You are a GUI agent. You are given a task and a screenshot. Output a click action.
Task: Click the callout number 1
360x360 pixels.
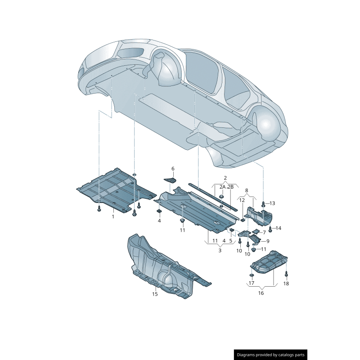113,216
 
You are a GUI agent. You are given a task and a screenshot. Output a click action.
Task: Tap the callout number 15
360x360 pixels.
154,294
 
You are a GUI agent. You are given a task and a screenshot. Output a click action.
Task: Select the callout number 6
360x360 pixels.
172,169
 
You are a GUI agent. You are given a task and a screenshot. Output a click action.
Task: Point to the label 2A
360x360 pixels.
222,187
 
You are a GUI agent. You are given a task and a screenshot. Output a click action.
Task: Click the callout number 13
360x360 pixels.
272,203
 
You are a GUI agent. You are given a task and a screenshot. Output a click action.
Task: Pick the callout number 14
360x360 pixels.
278,229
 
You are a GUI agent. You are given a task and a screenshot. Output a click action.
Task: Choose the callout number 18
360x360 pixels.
286,283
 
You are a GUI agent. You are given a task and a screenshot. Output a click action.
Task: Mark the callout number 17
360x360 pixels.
251,283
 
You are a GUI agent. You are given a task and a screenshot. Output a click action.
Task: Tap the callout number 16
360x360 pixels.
261,293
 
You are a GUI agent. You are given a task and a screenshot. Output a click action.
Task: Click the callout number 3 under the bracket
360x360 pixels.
220,250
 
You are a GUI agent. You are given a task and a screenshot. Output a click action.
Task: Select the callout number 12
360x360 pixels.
242,200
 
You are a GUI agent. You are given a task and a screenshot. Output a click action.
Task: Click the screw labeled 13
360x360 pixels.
264,204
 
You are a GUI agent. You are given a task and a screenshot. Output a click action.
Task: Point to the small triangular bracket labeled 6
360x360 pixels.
170,180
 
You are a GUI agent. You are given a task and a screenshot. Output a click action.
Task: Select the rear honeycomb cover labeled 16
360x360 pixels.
270,264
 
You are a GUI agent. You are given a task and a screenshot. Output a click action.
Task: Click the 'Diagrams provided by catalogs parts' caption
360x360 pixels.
271,355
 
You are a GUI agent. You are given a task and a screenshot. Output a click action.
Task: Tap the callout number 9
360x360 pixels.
268,241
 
